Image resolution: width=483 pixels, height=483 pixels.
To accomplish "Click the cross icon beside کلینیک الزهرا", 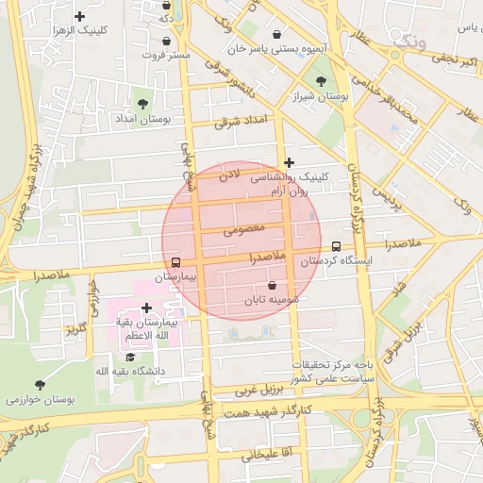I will tap(79, 16).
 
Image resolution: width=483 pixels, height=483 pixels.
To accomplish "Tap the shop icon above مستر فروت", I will tap(167, 42).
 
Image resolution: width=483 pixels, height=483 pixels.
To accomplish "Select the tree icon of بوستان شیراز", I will tap(321, 82).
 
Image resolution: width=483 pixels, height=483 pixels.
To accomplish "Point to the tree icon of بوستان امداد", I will tap(143, 104).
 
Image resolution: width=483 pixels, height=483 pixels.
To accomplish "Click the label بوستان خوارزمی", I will tap(39, 399).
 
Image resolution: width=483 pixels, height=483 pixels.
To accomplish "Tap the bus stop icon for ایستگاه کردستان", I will tap(337, 246).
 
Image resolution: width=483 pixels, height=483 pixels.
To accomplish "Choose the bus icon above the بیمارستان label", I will tap(175, 262).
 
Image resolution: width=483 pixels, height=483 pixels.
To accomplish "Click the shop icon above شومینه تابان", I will tap(273, 284).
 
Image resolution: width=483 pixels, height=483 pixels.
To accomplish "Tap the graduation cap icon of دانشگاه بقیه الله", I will tap(130, 358).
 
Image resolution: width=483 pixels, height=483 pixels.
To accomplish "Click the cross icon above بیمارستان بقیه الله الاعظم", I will tap(146, 308).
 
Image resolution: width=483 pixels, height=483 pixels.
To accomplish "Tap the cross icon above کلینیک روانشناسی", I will tap(289, 162).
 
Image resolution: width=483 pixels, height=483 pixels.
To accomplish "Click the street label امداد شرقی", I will tap(241, 121).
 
